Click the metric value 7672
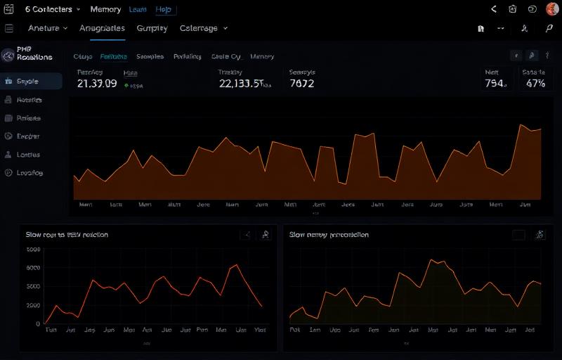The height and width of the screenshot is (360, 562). coord(301,83)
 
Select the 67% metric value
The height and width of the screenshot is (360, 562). coord(535,83)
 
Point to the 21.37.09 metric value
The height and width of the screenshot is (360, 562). coord(96,83)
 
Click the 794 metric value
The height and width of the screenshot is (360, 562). coord(495,83)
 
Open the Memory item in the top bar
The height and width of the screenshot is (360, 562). coord(105,10)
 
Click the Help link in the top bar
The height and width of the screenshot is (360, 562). coord(163,10)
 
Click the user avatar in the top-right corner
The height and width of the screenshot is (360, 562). coord(552,9)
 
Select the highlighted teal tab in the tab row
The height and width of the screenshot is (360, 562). coord(113,56)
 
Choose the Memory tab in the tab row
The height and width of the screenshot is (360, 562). coord(262,56)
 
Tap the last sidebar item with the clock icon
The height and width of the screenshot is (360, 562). coord(28,172)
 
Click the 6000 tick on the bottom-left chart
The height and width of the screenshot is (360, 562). coord(33,268)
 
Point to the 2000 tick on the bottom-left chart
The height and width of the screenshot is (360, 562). coord(33,305)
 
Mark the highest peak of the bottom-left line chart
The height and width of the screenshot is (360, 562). coord(237,265)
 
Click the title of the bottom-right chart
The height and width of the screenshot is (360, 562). coord(329,235)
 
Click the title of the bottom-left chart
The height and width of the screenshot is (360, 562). coord(67,235)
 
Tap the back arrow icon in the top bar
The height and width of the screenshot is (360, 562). coord(494,9)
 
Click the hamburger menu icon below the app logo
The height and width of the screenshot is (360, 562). coord(9,28)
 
